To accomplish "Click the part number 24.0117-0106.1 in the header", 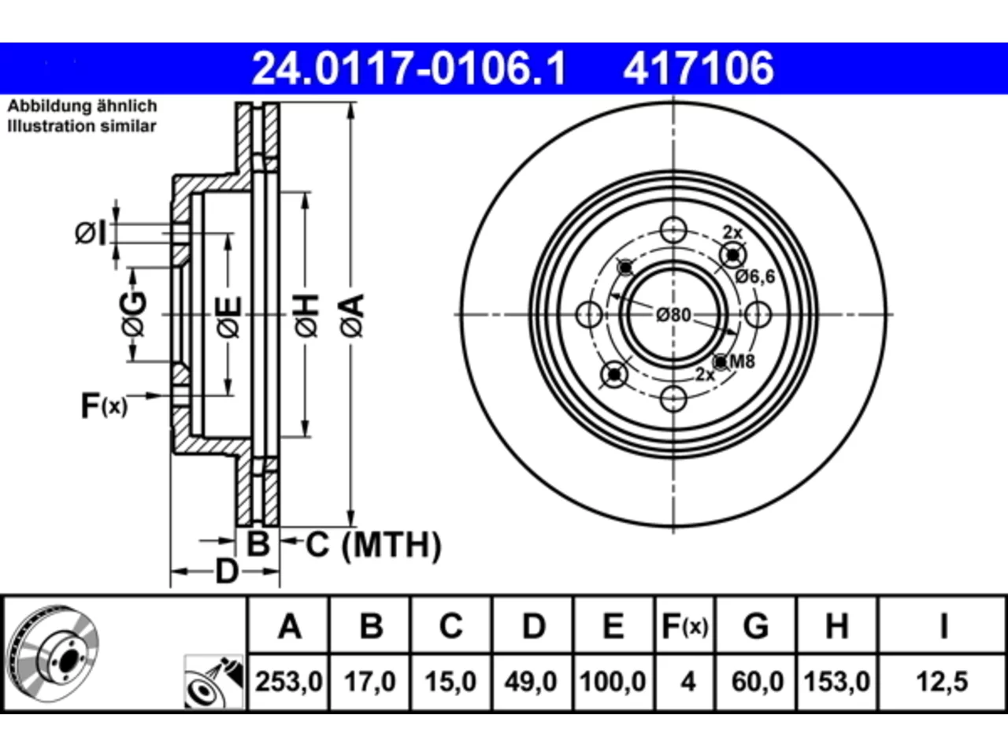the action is [x=409, y=69].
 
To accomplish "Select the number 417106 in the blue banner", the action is [x=699, y=69].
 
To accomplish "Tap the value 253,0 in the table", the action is [x=289, y=681].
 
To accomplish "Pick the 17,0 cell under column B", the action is [x=369, y=681].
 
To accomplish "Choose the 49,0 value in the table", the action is [x=531, y=681].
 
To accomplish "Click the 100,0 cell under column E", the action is [x=613, y=681].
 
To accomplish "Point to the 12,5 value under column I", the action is [x=942, y=681].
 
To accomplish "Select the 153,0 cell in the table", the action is [x=836, y=681].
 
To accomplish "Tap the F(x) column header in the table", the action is [x=684, y=626].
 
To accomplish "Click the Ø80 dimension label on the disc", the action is [x=673, y=315].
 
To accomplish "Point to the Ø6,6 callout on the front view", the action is [x=754, y=276].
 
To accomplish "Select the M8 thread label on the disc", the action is [x=742, y=361].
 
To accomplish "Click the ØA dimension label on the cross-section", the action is [x=352, y=315].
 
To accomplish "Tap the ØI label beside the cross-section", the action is [x=91, y=233].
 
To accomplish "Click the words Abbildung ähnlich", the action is [x=82, y=106].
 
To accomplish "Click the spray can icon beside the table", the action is [x=214, y=682].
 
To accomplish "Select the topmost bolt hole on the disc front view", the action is [x=673, y=230].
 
